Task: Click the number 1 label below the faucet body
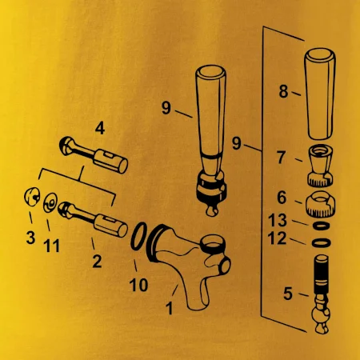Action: (x=170, y=309)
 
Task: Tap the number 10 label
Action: (x=138, y=285)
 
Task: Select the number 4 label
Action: (x=100, y=128)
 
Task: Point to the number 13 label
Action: (x=278, y=220)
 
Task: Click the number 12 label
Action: (x=277, y=238)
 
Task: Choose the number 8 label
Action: (x=283, y=91)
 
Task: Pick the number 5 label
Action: (x=288, y=294)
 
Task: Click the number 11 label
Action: (x=51, y=246)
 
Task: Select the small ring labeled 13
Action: (x=321, y=226)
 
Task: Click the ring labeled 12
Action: (x=322, y=243)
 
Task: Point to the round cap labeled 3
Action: (x=32, y=197)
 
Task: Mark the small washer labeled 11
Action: (x=50, y=203)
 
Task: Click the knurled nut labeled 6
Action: (x=320, y=204)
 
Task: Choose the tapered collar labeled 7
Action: (x=320, y=166)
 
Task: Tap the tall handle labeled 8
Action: (x=320, y=94)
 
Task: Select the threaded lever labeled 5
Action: (x=321, y=294)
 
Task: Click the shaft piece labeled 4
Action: (x=94, y=155)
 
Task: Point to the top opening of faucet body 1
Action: (x=213, y=242)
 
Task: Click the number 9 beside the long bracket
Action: (x=237, y=143)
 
